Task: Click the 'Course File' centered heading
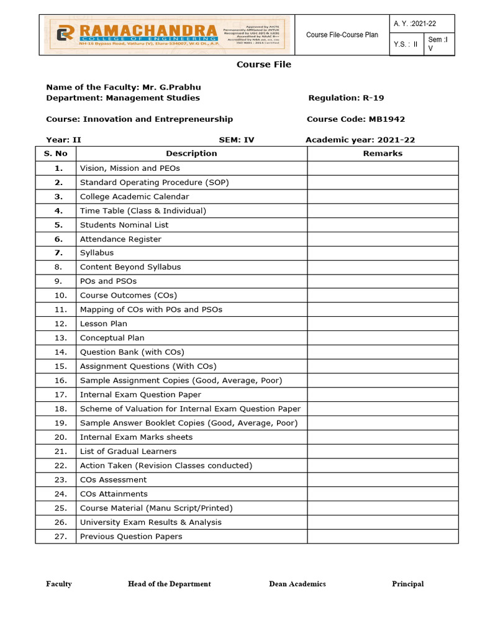(x=263, y=65)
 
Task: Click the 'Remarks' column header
(x=383, y=153)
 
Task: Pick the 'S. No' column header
(x=55, y=153)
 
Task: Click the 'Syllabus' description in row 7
(x=97, y=253)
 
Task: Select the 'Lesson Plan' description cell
(x=104, y=324)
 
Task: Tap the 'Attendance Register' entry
(x=120, y=239)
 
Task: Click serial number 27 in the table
(x=60, y=537)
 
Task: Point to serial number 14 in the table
(x=60, y=352)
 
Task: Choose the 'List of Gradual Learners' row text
(x=128, y=452)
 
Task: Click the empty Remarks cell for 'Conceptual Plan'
(x=383, y=338)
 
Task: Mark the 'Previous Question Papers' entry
(x=131, y=537)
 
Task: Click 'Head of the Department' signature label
(x=169, y=584)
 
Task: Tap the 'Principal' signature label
(x=407, y=584)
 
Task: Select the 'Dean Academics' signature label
(x=297, y=584)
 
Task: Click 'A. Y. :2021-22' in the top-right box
(x=415, y=24)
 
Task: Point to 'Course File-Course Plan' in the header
(x=342, y=35)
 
